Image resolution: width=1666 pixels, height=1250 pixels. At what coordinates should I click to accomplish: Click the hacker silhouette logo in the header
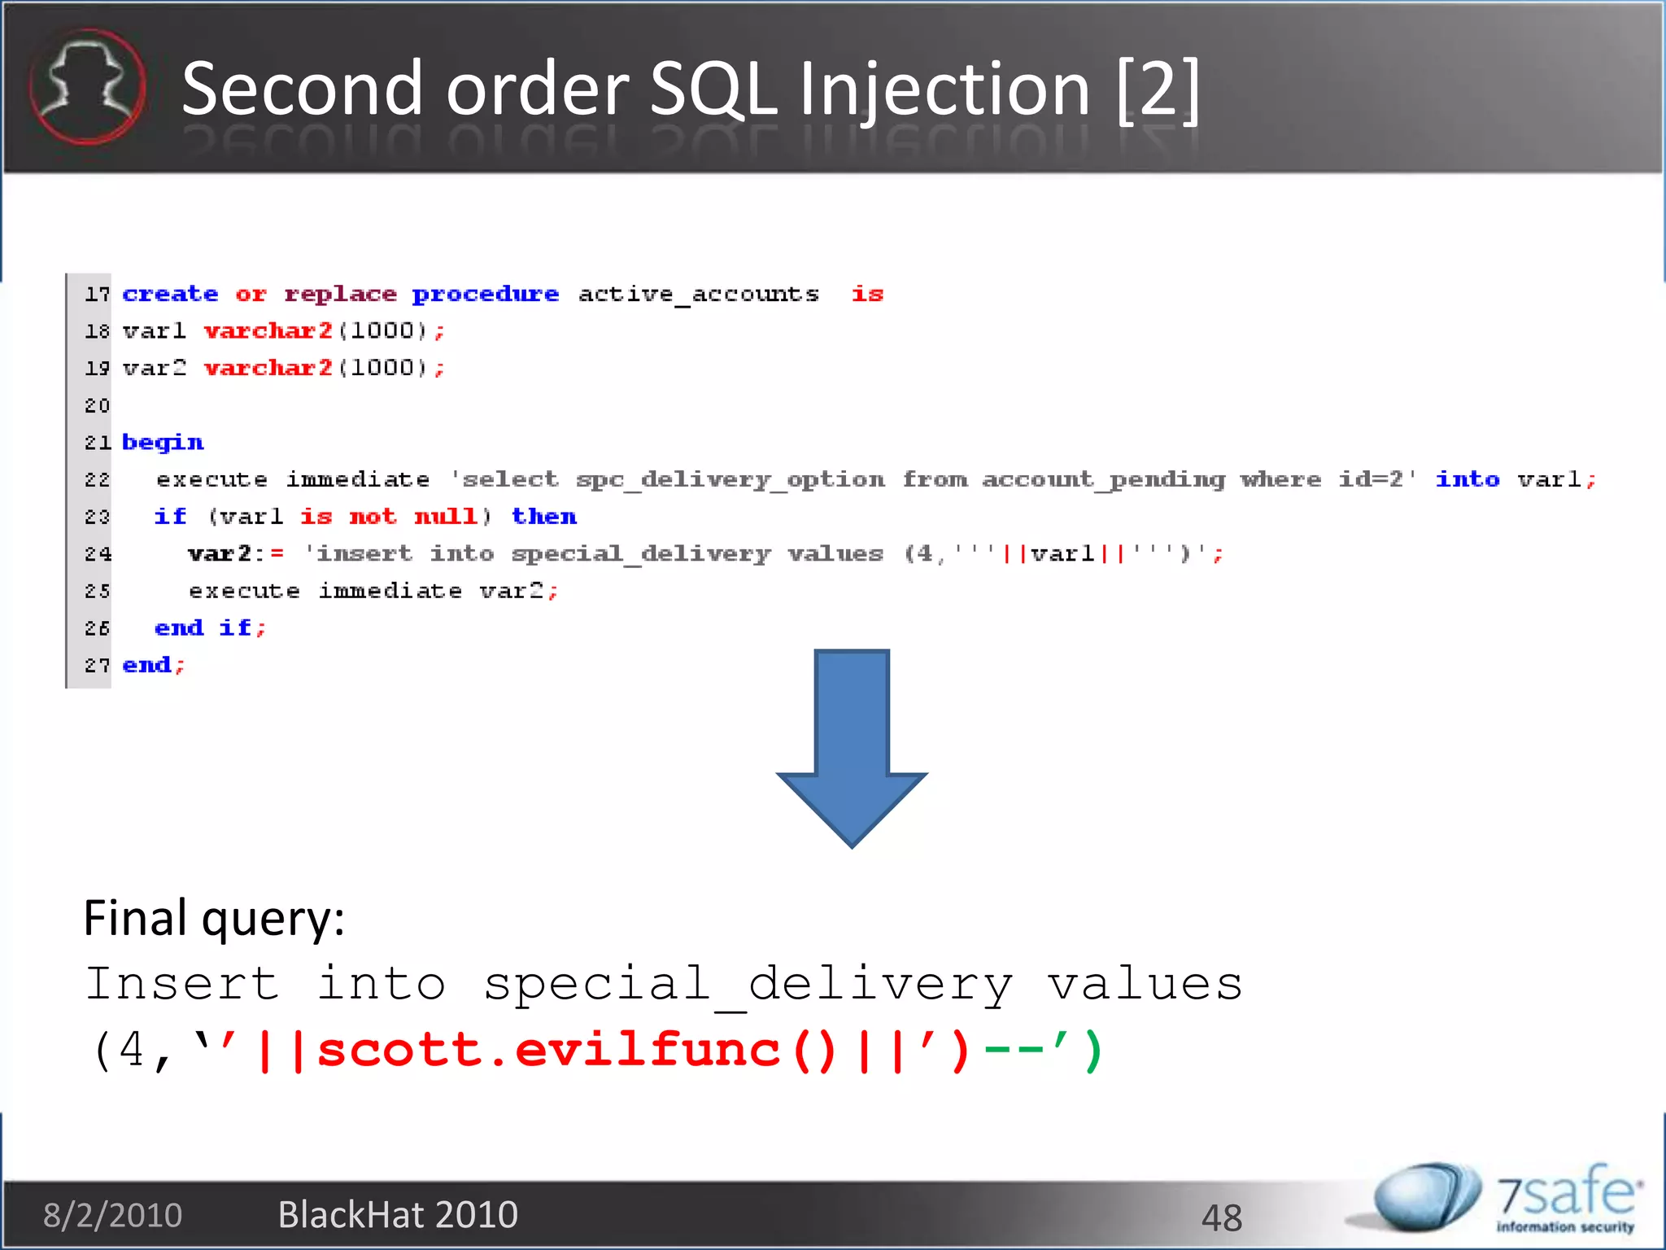(x=87, y=87)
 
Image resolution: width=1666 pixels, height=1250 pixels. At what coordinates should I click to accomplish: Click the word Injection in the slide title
(x=944, y=90)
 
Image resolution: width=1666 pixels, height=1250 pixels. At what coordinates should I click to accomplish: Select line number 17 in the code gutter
(x=97, y=294)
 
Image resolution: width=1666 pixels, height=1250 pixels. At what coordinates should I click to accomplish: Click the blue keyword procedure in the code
(x=486, y=294)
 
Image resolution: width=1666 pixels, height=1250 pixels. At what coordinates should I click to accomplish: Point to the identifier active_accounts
(x=698, y=294)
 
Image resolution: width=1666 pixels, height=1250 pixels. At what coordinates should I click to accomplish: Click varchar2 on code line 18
(x=268, y=331)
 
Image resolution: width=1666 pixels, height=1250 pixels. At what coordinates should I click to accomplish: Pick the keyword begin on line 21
(x=163, y=442)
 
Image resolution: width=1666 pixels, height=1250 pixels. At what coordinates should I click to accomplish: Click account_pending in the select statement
(x=1103, y=479)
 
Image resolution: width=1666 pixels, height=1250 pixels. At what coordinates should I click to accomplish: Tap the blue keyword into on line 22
(x=1467, y=479)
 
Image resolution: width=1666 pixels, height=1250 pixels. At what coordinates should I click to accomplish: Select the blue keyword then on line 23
(x=543, y=517)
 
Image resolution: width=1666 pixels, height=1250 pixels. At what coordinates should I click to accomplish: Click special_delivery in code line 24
(x=641, y=554)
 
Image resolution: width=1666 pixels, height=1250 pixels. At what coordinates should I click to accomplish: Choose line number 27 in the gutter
(x=97, y=666)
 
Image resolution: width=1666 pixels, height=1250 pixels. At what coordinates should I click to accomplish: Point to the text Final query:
(x=214, y=919)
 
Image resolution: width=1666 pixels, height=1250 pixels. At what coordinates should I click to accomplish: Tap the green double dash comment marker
(x=1014, y=1050)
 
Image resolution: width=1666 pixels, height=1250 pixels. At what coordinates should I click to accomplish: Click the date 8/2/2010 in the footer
(x=112, y=1215)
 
